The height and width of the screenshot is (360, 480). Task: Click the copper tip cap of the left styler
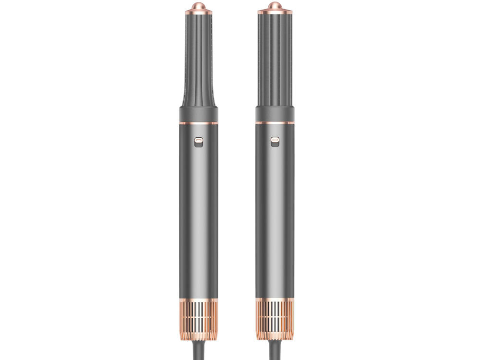point(198,8)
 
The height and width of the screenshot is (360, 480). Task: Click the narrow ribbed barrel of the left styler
point(198,58)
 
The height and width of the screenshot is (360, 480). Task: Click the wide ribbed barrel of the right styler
point(275,58)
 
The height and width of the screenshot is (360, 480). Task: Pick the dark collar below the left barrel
point(198,114)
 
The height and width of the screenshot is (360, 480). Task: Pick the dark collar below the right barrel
point(275,114)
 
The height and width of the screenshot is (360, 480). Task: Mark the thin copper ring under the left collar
point(198,123)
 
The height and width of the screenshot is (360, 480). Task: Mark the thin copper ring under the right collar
point(275,123)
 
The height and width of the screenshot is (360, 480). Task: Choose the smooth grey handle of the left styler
point(198,216)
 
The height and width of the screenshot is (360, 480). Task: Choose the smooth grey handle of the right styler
point(275,216)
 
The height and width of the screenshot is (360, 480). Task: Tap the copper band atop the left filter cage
point(198,301)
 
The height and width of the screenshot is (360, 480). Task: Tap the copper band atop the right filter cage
point(275,301)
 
